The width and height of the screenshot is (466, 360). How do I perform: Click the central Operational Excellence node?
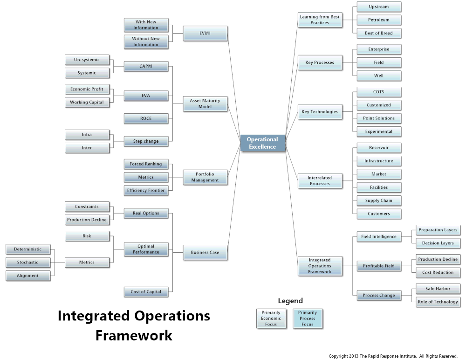pos(262,143)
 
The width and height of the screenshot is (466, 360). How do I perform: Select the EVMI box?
pos(205,33)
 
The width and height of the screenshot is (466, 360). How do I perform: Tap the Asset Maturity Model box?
pos(205,104)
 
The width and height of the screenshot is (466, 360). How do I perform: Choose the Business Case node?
pos(205,252)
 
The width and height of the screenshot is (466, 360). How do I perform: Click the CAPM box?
pos(146,66)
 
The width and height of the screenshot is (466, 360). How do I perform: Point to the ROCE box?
pos(146,118)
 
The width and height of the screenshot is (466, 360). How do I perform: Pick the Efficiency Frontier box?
pos(146,190)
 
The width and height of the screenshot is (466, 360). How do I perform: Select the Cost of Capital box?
pos(146,291)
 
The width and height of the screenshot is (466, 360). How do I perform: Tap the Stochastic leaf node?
pos(27,263)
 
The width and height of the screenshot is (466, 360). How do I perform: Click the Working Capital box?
pos(87,102)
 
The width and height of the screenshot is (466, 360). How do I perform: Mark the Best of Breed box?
pos(378,33)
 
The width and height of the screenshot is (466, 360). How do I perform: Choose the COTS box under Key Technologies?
pos(378,92)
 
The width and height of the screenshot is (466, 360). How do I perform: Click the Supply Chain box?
pos(378,201)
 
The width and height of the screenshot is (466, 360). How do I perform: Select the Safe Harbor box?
pos(438,289)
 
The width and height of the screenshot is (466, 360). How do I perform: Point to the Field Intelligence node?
pos(378,236)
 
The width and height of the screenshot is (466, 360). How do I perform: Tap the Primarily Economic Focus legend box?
pos(271,318)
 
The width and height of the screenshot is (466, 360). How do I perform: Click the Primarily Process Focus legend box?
pos(308,318)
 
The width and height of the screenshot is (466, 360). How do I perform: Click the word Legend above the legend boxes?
pos(290,301)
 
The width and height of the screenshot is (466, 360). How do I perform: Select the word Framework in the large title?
pos(134,335)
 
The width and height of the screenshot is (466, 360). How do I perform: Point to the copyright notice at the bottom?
pos(393,356)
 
